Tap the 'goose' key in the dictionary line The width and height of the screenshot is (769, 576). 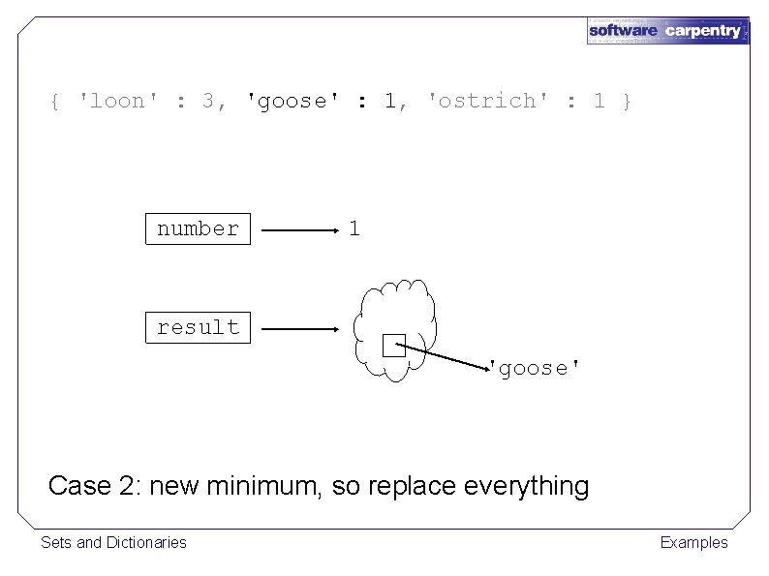pos(288,101)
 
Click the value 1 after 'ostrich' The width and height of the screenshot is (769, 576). pos(599,101)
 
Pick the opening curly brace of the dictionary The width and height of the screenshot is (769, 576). pos(56,101)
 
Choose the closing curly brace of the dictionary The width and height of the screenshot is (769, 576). pos(628,101)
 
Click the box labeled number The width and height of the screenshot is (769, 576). pos(198,229)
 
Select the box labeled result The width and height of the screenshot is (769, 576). pos(198,327)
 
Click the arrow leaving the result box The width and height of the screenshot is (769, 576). pos(299,329)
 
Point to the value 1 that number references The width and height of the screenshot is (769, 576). pos(354,229)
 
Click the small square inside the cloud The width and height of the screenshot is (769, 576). pos(392,346)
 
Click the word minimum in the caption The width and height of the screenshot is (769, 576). pos(263,485)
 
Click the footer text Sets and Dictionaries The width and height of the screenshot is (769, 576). pos(113,542)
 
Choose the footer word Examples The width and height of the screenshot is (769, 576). pos(693,542)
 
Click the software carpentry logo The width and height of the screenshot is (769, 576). pos(666,30)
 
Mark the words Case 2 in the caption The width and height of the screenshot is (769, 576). pos(90,485)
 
